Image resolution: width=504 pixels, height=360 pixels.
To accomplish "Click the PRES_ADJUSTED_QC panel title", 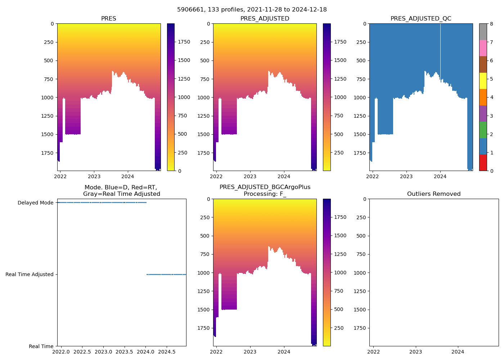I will tap(421, 19).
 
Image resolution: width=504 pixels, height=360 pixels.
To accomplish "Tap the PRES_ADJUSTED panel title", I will tap(265, 19).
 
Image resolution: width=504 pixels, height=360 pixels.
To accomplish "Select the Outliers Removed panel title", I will tap(434, 194).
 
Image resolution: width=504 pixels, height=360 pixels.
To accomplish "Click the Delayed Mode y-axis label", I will tap(36, 203).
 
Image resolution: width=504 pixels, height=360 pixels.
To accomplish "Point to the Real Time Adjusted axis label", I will tap(30, 275).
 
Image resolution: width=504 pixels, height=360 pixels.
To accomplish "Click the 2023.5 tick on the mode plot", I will tap(125, 351).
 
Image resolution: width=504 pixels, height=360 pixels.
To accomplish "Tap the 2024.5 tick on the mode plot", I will tap(167, 351).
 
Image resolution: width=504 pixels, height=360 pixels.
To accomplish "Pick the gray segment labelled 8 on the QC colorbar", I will tap(483, 32).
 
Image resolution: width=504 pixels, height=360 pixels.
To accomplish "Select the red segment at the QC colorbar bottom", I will tap(483, 163).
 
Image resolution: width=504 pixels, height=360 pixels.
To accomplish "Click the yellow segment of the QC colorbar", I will tap(483, 81).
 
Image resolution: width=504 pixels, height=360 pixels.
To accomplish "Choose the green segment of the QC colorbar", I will tap(483, 130).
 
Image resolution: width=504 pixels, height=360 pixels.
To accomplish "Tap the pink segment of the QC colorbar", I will tap(483, 48).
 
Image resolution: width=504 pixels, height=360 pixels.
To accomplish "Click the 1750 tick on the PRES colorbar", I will tap(184, 42).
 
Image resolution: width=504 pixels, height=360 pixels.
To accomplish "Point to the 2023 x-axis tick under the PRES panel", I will tap(94, 176).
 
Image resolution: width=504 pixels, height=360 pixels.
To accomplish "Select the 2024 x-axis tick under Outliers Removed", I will tap(458, 352).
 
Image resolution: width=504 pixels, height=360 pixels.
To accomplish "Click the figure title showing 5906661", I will tap(252, 10).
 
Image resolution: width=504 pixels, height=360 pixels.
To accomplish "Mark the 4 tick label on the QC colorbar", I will tap(491, 97).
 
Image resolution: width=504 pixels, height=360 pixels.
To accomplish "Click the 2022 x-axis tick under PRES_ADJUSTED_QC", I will tap(372, 176).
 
